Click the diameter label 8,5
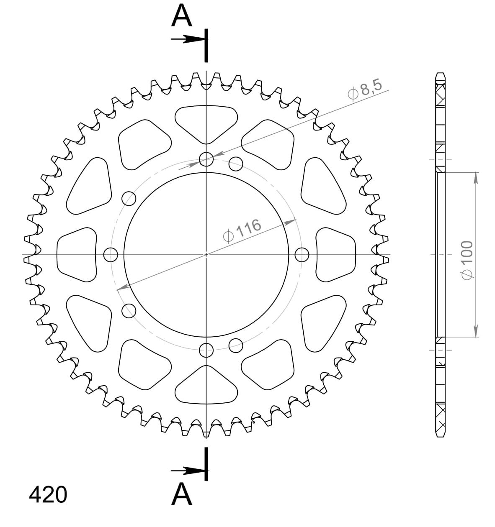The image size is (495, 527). point(366,90)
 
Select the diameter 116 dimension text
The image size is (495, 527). point(243,230)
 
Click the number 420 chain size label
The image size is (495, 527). point(48,494)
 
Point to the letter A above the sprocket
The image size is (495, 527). point(182,17)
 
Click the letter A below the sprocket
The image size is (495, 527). point(182,494)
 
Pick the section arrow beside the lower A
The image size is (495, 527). point(188,471)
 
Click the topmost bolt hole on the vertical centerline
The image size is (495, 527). point(206,159)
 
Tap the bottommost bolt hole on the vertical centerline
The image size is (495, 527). point(206,350)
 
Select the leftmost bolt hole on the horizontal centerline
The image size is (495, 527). point(111,254)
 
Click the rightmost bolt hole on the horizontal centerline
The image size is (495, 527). point(302,254)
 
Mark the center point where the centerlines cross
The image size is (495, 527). point(206,254)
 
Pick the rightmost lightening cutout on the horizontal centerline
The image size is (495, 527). point(336,254)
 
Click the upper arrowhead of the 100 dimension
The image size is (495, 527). point(475,177)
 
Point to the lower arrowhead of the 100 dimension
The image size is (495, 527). point(475,331)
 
